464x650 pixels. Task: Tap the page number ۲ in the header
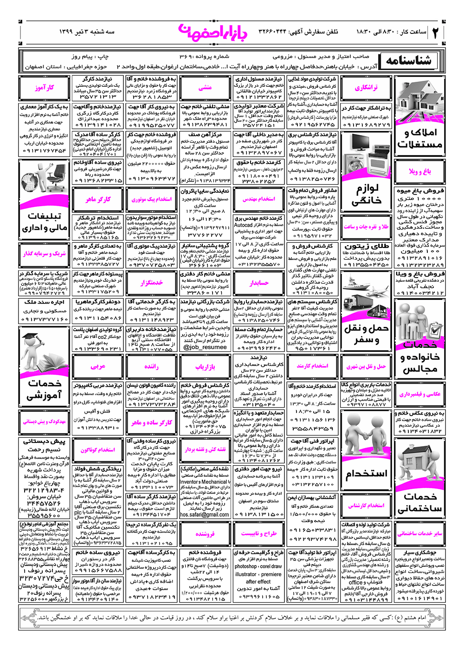click(x=436, y=32)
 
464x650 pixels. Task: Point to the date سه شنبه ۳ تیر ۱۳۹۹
click(x=87, y=32)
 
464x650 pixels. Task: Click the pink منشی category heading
click(x=205, y=87)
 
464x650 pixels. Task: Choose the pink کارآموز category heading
click(x=44, y=88)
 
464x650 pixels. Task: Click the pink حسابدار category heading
click(x=259, y=282)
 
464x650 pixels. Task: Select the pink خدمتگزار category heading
click(x=152, y=282)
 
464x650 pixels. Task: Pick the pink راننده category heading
click(x=152, y=366)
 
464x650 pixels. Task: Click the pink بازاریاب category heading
click(x=205, y=366)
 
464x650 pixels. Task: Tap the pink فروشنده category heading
click(x=205, y=534)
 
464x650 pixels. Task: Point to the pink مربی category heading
click(x=98, y=366)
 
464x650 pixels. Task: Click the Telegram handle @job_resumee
click(x=205, y=347)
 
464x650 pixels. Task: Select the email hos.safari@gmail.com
click(x=205, y=514)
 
